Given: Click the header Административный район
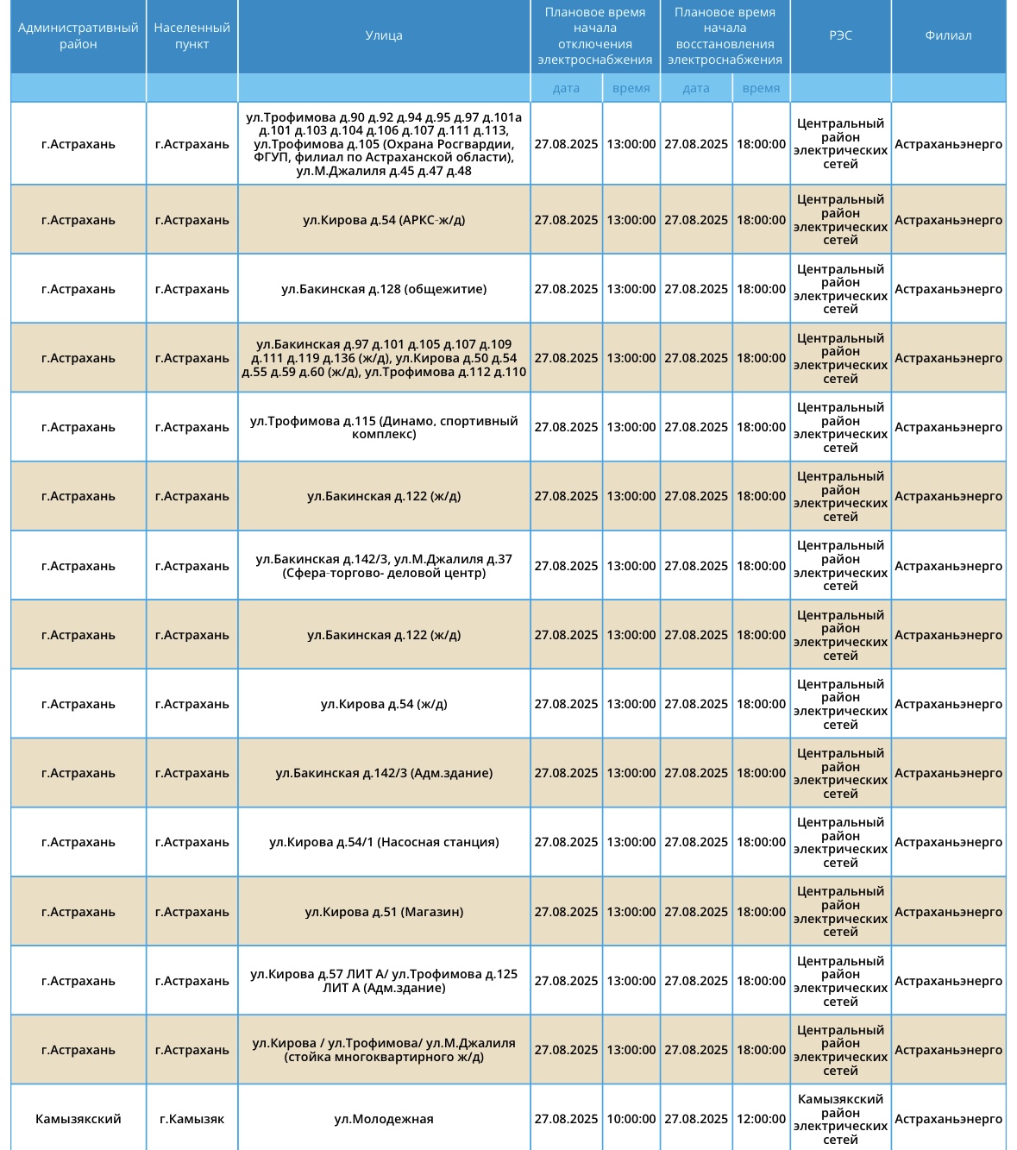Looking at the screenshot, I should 78,36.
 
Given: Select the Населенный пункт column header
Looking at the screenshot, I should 191,36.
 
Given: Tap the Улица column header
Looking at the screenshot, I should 384,36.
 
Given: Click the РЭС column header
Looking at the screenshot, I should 840,36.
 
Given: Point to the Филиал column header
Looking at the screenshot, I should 948,36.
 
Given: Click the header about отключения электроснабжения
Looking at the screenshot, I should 594,36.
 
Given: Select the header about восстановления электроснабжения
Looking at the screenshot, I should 725,36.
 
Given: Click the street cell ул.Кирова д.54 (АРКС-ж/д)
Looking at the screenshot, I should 384,220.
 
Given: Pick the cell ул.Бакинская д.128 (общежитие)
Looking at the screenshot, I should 384,289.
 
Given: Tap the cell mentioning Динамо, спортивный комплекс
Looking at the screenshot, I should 384,427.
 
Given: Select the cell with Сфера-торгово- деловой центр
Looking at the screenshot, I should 384,566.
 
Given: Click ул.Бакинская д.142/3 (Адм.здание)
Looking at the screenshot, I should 384,773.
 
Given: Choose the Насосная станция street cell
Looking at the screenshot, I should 384,842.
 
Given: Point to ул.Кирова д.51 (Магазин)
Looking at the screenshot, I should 384,912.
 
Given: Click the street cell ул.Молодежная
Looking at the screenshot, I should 384,1119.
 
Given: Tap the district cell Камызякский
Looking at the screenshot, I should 78,1119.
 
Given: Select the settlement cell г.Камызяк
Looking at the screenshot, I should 191,1119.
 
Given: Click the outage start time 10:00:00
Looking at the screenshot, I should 631,1119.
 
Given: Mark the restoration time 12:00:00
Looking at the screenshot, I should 761,1119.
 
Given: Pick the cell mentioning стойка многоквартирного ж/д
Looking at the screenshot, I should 384,1050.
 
